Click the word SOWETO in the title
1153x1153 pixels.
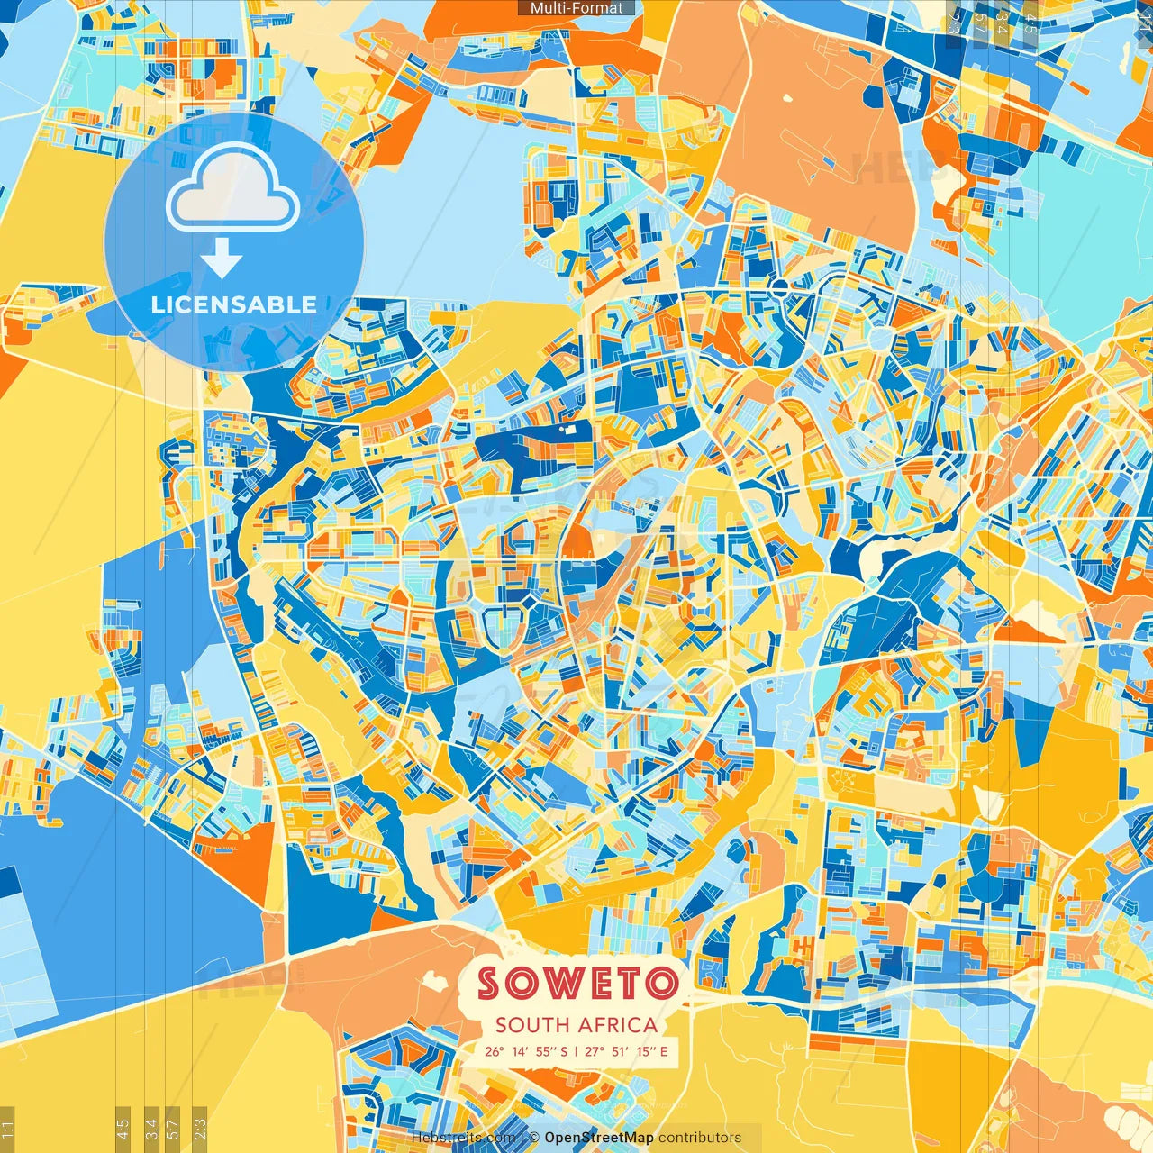577,983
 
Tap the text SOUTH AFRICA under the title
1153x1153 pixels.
576,1024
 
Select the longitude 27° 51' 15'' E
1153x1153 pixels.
626,1051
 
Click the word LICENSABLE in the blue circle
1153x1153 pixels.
234,304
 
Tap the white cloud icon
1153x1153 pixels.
233,189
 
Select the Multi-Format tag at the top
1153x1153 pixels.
576,8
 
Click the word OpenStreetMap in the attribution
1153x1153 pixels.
599,1138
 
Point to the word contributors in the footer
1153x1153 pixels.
700,1138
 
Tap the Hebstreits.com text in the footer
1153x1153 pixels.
462,1138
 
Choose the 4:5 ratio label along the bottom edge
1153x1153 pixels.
123,1128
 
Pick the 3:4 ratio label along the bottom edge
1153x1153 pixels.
151,1128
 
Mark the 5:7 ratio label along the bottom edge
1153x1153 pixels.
173,1128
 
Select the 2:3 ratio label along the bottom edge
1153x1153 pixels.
199,1128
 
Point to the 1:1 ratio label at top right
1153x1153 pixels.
1145,20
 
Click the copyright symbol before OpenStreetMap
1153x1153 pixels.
534,1138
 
